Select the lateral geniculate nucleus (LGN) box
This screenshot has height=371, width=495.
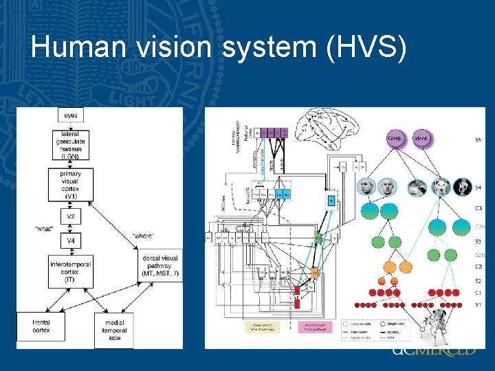[71, 145]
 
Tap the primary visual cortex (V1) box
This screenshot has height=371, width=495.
[71, 184]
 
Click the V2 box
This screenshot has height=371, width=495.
[71, 218]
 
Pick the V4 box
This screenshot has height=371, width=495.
[71, 241]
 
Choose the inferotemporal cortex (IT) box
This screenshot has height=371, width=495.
[71, 271]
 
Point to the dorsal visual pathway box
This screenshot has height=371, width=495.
[159, 267]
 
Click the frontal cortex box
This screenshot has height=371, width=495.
[41, 326]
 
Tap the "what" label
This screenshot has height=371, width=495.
[45, 228]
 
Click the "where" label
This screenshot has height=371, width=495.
[143, 236]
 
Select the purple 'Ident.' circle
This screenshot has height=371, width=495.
[423, 139]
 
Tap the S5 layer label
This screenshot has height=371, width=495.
[478, 139]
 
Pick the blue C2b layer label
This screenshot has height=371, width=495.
[479, 226]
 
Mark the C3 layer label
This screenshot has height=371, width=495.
[478, 207]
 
